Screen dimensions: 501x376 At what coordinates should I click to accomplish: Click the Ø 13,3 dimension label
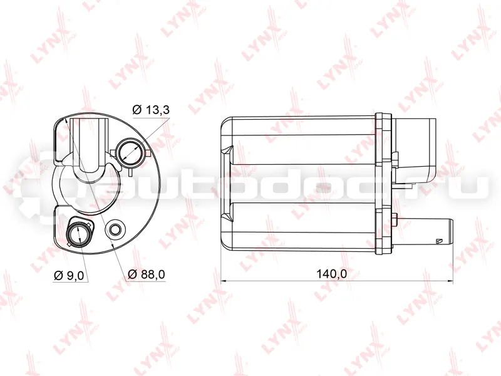151,110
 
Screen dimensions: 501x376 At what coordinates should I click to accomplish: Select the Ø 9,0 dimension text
69,275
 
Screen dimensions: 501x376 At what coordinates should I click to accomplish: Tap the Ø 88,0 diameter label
147,274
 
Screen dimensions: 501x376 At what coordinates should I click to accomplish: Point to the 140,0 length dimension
331,274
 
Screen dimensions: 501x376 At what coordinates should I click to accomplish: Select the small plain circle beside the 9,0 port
115,229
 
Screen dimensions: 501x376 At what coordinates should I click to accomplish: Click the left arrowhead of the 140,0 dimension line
224,281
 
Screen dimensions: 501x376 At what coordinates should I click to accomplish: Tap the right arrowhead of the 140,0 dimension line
450,281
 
